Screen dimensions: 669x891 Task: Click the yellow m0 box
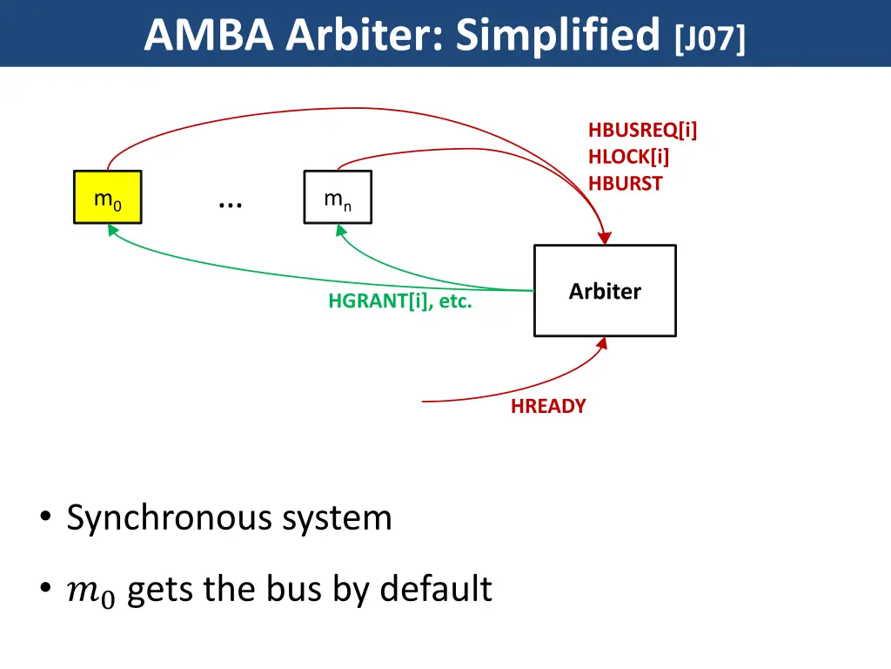pos(107,197)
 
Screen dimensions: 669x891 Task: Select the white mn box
pos(338,197)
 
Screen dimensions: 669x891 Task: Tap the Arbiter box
pos(605,291)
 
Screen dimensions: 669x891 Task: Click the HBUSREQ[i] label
pos(643,131)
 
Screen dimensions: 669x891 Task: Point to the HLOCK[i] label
pos(628,158)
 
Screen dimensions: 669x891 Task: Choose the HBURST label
pos(625,184)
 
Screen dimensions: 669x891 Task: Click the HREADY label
pos(548,406)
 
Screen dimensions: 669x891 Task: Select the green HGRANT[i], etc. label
pos(400,302)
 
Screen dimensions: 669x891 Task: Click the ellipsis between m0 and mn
pos(231,202)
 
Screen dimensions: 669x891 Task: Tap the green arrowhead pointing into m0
pos(111,229)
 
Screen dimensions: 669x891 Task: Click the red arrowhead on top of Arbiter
pos(605,238)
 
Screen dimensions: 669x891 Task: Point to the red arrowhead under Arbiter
pos(602,342)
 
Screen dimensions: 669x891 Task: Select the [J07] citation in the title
pos(709,38)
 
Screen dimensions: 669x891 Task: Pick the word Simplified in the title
pos(558,35)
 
